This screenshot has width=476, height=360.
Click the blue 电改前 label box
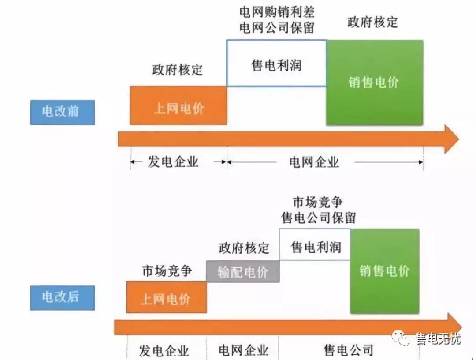click(x=63, y=112)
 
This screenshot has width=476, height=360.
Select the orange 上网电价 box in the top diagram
click(x=178, y=105)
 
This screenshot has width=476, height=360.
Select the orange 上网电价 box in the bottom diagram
click(x=166, y=297)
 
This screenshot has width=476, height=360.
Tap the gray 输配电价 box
click(x=243, y=271)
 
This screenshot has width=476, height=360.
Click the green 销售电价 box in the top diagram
click(x=375, y=82)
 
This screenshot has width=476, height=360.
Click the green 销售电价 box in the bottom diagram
click(x=384, y=271)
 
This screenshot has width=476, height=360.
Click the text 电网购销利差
click(x=277, y=11)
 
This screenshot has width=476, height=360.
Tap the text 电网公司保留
click(x=277, y=27)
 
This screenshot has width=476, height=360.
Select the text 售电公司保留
click(x=319, y=217)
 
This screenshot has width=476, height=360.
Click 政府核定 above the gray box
click(x=244, y=248)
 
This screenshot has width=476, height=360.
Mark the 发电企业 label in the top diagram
click(x=173, y=162)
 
